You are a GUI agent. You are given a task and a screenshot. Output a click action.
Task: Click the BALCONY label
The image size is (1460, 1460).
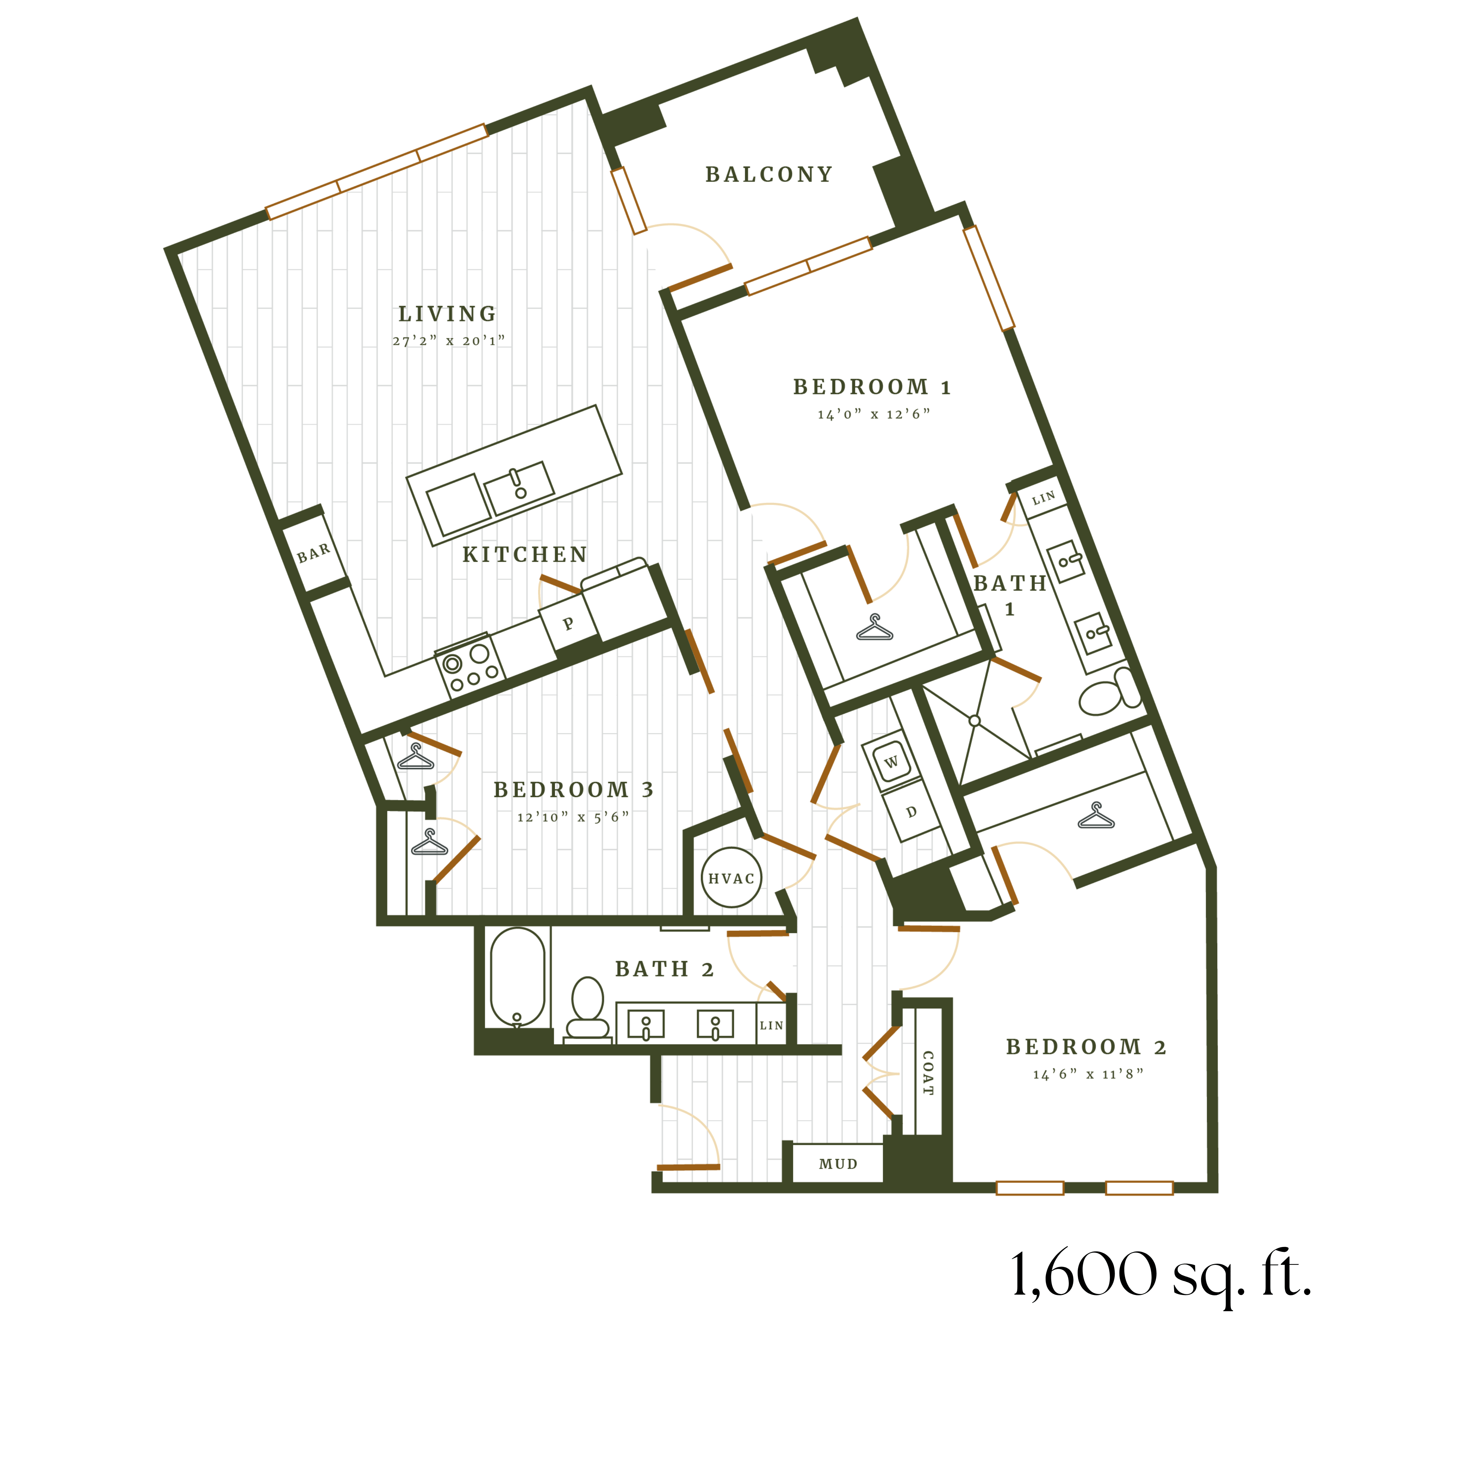coord(769,174)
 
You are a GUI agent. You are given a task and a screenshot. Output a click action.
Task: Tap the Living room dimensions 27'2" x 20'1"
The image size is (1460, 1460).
coord(448,341)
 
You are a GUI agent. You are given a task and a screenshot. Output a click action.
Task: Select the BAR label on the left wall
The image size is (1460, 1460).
coord(314,553)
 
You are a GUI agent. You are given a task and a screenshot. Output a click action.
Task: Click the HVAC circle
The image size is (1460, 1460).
coord(731,878)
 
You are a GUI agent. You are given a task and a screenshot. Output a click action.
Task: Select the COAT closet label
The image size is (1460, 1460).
coord(928,1073)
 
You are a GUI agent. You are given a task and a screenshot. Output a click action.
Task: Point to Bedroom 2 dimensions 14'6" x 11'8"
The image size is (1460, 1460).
coord(1087,1074)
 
